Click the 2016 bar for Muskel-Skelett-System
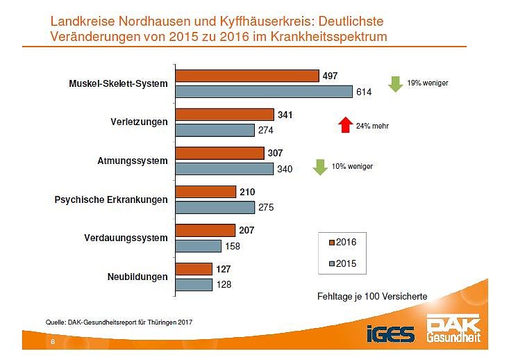(x=247, y=76)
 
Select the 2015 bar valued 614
(x=265, y=91)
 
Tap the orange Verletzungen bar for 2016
(x=225, y=115)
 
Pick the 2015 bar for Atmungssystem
(x=224, y=168)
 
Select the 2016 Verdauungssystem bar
(x=206, y=230)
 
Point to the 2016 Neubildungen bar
(x=194, y=269)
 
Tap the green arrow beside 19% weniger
(x=395, y=83)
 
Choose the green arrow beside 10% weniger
(x=320, y=167)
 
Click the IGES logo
(x=391, y=334)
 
